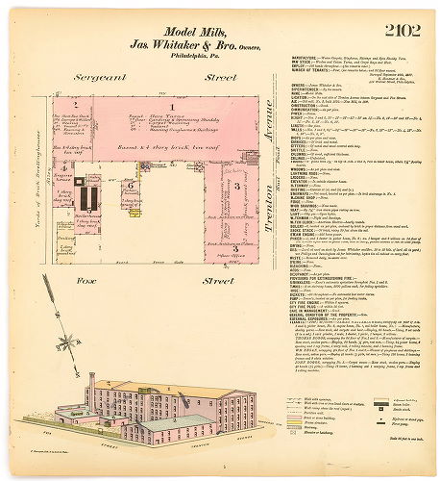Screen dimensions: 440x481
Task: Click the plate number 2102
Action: tap(402, 31)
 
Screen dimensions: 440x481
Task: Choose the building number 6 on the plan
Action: tap(132, 186)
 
